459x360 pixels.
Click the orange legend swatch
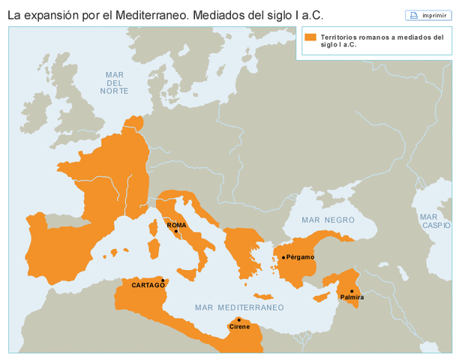pos(310,37)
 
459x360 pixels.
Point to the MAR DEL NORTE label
pos(114,82)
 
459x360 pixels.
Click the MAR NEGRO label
pos(327,220)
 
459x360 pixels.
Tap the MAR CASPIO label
pos(435,220)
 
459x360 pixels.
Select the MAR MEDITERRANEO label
pos(239,307)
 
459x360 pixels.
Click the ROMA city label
pos(175,224)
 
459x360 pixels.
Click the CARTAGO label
pos(148,285)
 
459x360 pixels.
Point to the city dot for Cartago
pos(163,280)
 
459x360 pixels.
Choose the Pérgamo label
pos(300,257)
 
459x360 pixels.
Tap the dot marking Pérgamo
pos(283,257)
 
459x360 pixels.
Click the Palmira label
pos(352,298)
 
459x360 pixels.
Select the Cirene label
pos(239,327)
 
